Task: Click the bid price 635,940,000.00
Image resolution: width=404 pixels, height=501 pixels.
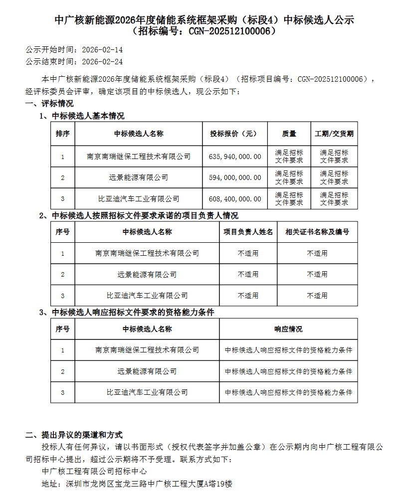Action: pos(235,157)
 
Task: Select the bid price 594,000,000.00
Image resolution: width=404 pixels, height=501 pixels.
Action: pos(235,177)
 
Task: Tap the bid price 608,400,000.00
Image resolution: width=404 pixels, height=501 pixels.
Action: pos(235,199)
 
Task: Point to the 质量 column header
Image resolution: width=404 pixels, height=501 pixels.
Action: pos(289,134)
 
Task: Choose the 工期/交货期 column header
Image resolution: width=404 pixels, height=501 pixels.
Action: pos(334,134)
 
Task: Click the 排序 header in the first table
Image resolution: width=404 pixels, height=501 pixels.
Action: pos(63,134)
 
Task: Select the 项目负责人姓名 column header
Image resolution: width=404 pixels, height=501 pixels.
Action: pos(248,232)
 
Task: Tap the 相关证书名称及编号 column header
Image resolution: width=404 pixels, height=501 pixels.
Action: pos(317,232)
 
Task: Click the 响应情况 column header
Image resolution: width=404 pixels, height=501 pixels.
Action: pos(288,329)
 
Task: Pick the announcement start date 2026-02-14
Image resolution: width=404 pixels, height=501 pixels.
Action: pos(102,50)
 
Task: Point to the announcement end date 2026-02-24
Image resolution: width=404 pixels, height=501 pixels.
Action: pos(102,62)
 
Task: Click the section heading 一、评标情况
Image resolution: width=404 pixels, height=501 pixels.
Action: pos(49,104)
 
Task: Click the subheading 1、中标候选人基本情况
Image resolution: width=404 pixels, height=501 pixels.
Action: pos(82,116)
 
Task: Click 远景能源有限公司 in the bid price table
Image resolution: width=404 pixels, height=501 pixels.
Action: pos(139,177)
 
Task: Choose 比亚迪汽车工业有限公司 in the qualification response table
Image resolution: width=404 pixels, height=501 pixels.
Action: pos(147,393)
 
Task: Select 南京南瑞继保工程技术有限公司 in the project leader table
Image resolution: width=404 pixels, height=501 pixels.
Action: pos(147,253)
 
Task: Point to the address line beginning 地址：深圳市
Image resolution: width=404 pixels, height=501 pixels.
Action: pos(138,484)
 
